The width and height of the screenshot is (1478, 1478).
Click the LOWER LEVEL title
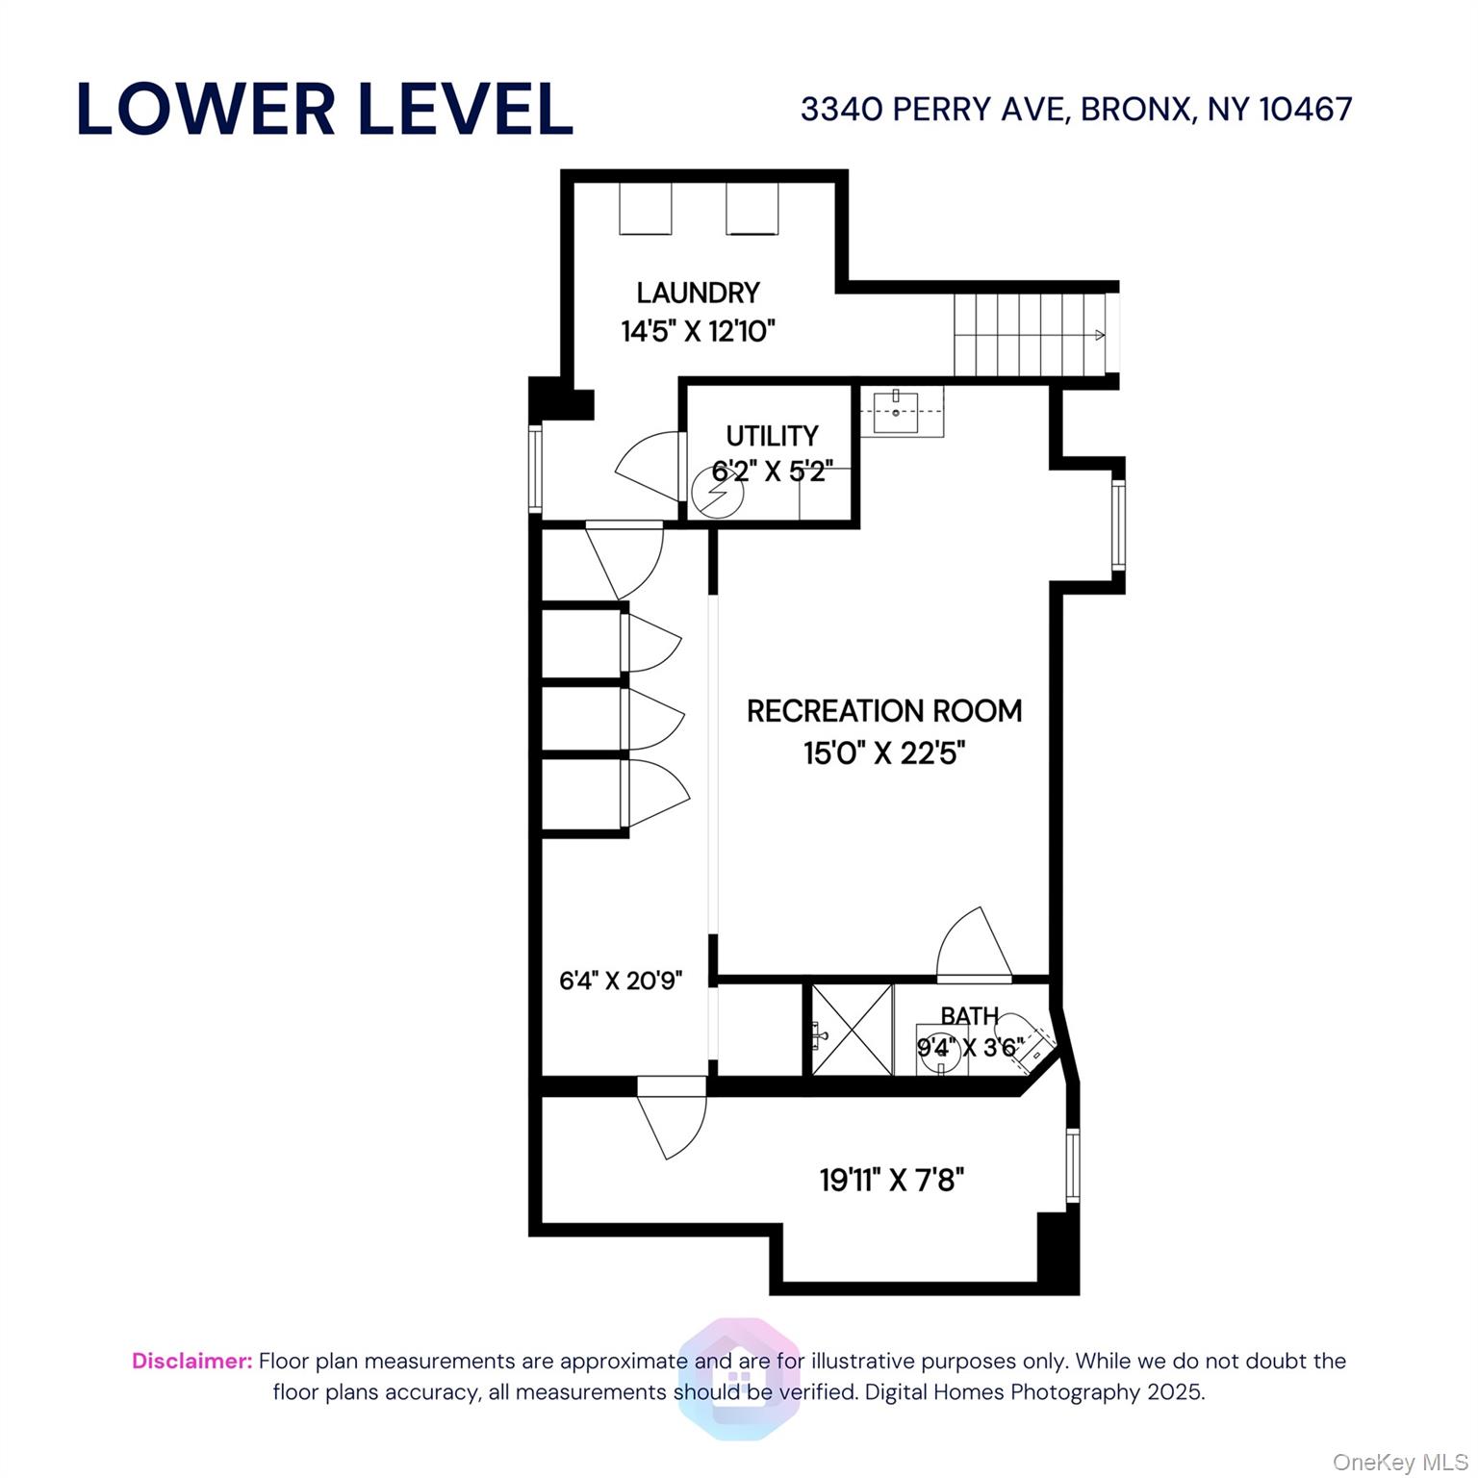coord(324,109)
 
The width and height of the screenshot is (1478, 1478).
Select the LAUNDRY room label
coord(698,293)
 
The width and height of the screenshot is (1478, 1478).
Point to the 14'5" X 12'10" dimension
coord(698,332)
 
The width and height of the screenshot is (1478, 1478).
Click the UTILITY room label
coord(772,436)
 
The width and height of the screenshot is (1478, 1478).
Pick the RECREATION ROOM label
coord(883,711)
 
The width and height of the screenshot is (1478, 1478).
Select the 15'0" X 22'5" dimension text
coord(883,752)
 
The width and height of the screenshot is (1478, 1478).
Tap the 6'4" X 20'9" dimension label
coord(621,981)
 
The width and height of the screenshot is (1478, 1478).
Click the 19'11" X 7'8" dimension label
coord(891,1180)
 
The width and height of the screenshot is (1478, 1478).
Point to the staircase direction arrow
coord(1097,335)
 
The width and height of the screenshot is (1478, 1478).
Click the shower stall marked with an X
coord(852,1030)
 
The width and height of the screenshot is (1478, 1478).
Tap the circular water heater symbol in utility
coord(718,494)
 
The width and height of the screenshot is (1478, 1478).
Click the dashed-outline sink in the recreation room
coord(896,412)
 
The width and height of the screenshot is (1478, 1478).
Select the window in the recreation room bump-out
coord(1117,525)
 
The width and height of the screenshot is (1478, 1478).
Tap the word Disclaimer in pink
coord(191,1361)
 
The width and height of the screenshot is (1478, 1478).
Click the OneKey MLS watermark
coord(1399,1462)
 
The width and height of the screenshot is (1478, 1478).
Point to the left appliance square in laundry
coord(645,209)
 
